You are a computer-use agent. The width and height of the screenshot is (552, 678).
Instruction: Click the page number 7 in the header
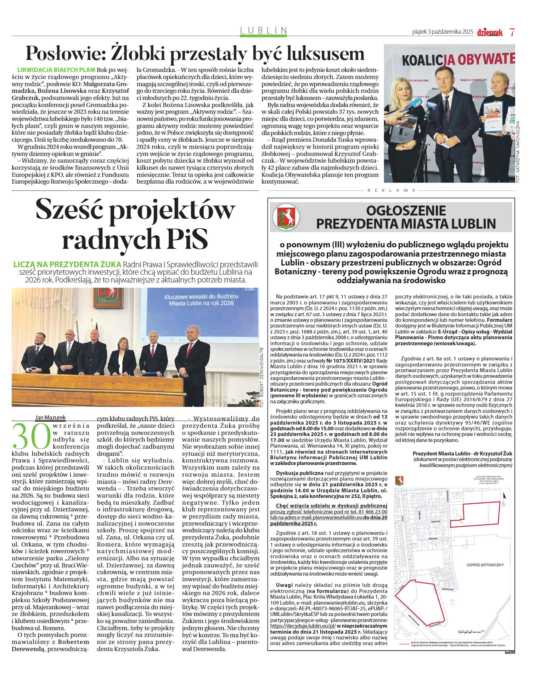point(512,32)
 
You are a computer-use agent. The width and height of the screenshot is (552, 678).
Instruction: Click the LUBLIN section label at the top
point(263,30)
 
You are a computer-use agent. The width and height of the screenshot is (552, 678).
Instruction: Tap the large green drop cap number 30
point(32,436)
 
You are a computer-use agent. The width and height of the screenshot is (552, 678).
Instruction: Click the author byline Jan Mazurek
point(50,418)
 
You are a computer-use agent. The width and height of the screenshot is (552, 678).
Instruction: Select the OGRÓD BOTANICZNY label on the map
point(485,565)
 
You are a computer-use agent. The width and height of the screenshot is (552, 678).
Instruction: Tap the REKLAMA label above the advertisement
point(392,190)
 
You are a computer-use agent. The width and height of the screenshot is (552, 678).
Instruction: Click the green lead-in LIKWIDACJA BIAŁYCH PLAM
point(56,70)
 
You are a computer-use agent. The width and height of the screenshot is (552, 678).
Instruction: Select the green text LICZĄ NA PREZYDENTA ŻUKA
point(67,264)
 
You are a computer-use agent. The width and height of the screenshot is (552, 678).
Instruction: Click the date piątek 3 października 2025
point(443,32)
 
